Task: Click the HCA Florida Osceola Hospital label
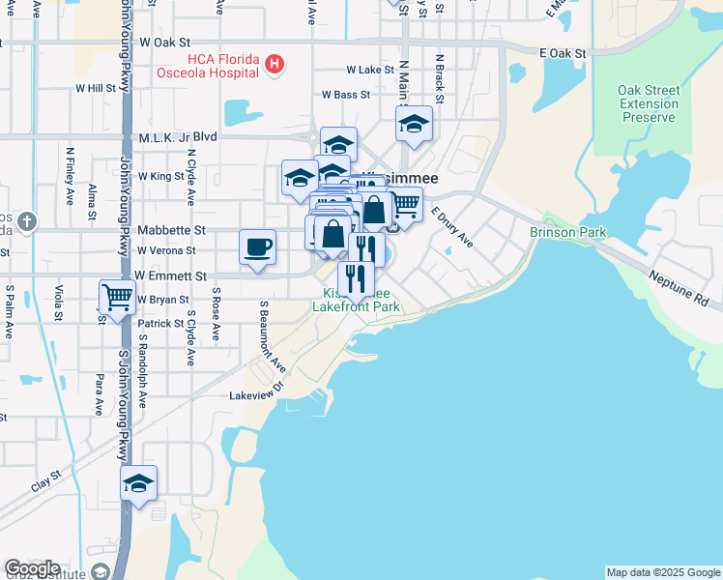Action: [x=209, y=66]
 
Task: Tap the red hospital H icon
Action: [x=275, y=65]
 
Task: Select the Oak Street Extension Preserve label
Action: [x=648, y=103]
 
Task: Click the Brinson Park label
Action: [x=567, y=233]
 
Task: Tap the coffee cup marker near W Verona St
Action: [x=257, y=247]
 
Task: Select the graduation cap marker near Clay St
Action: [x=138, y=483]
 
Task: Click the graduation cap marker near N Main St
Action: [x=414, y=124]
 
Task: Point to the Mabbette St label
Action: [x=172, y=231]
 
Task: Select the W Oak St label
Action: [x=166, y=43]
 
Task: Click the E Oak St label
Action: [x=564, y=52]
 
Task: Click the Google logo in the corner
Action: [x=32, y=568]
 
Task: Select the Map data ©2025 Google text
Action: [x=663, y=572]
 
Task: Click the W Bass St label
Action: [x=346, y=95]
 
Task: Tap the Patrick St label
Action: [x=159, y=324]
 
